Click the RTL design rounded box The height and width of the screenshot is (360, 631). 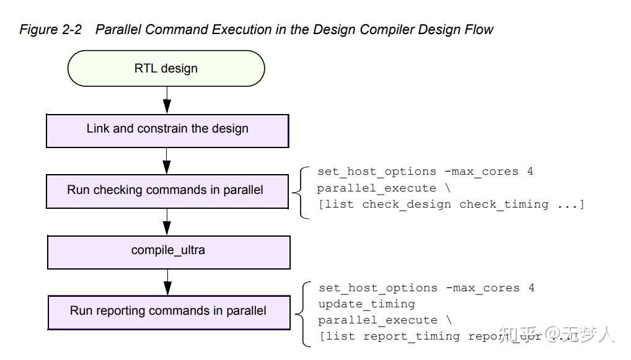tap(165, 68)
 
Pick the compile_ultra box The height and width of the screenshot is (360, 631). tap(168, 251)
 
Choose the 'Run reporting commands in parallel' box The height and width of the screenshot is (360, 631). tap(169, 311)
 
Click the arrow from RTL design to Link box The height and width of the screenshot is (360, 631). tap(167, 100)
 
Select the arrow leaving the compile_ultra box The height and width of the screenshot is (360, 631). tap(168, 282)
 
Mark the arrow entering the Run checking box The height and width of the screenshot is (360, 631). tap(167, 161)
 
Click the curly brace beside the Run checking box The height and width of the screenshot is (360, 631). tap(304, 191)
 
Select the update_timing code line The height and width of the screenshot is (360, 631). tap(366, 304)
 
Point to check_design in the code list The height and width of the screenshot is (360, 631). tap(407, 204)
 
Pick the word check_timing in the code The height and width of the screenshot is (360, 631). tap(503, 204)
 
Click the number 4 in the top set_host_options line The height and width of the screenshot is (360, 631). tap(530, 172)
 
